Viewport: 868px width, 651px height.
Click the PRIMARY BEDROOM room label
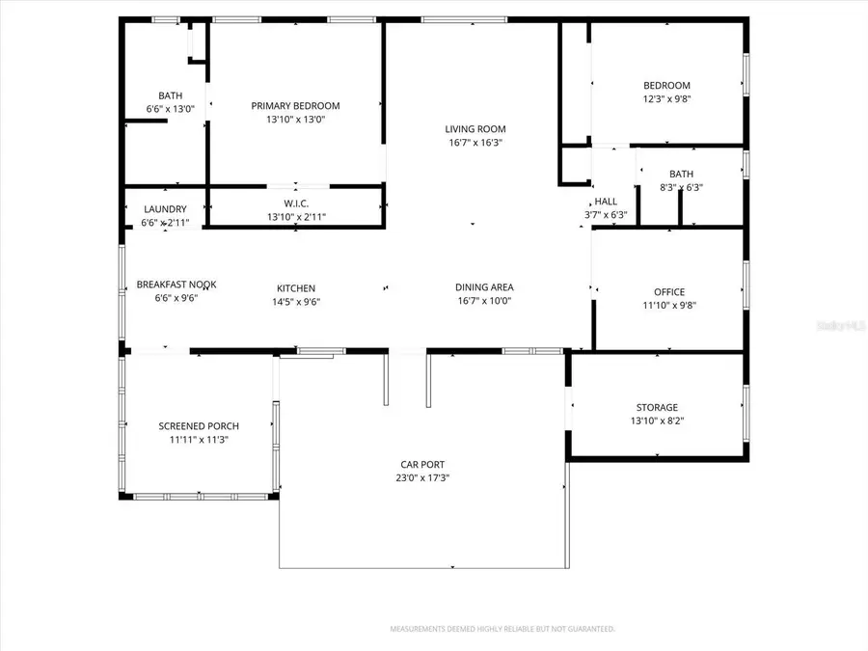coord(295,106)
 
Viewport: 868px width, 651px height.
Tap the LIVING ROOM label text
coord(475,129)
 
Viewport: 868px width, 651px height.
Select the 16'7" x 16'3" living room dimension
coord(475,143)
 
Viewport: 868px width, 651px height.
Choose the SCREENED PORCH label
coord(199,426)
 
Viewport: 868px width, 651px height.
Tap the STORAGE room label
coord(657,407)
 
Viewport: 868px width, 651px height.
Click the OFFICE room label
coord(668,292)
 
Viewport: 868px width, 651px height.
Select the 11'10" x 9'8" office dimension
coord(668,306)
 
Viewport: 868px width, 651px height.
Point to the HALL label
coord(606,202)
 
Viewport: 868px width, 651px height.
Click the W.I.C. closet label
coord(295,203)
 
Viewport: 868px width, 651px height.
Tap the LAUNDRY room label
coord(165,209)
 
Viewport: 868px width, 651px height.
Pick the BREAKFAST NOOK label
coord(176,285)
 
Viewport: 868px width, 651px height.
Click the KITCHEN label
coord(296,288)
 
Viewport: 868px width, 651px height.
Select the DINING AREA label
coord(484,287)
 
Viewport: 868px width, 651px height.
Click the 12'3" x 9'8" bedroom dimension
coord(666,99)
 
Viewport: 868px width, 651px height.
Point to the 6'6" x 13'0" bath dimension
coord(171,109)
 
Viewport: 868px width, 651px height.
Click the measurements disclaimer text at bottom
coord(502,629)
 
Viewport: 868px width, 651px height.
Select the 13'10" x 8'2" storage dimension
coord(657,420)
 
